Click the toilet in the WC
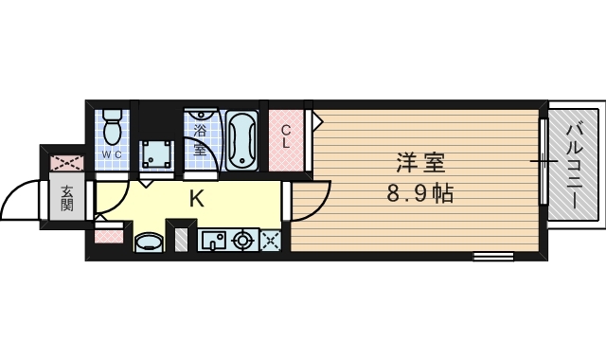[x=112, y=125]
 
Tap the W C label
[x=112, y=154]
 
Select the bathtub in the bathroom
[x=242, y=141]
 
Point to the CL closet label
[x=286, y=136]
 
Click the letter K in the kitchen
[x=196, y=200]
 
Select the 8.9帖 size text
[x=420, y=193]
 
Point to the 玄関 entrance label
[x=67, y=198]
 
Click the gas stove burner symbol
[x=242, y=241]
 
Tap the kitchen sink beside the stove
[x=213, y=241]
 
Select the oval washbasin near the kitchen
[x=149, y=243]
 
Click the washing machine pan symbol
[x=156, y=154]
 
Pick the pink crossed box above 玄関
[x=67, y=162]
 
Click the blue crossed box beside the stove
[x=271, y=241]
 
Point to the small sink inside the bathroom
[x=201, y=115]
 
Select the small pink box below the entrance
[x=109, y=236]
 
